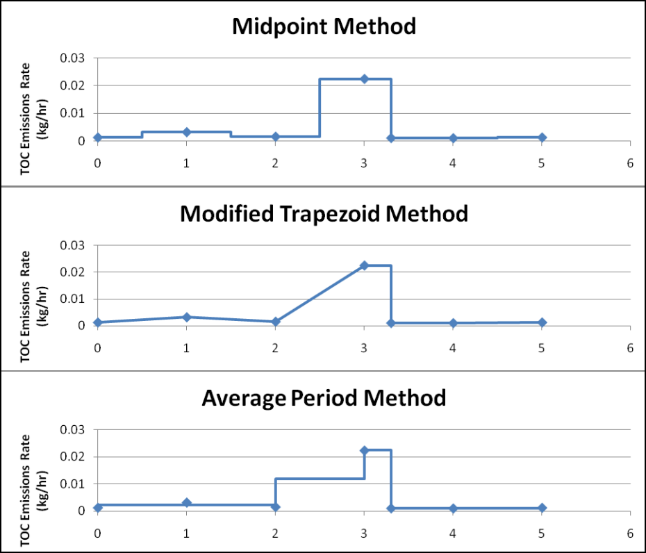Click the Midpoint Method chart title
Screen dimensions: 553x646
point(324,27)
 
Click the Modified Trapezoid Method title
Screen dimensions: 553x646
point(324,213)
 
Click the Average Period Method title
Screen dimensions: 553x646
point(324,398)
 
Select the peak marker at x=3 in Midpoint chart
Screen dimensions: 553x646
point(364,79)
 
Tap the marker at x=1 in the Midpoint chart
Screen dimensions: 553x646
point(186,132)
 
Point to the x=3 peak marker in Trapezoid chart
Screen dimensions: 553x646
point(364,265)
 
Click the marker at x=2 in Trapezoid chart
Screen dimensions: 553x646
point(275,322)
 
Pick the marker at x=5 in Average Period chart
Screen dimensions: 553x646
point(542,508)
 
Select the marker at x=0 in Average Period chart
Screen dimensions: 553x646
point(98,508)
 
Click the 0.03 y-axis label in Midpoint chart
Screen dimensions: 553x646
point(73,58)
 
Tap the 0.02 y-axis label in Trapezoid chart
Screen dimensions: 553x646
point(73,272)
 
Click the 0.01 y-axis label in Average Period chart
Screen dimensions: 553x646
point(73,484)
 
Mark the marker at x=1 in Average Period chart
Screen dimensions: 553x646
point(186,502)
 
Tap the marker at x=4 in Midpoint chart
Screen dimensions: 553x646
point(453,138)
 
